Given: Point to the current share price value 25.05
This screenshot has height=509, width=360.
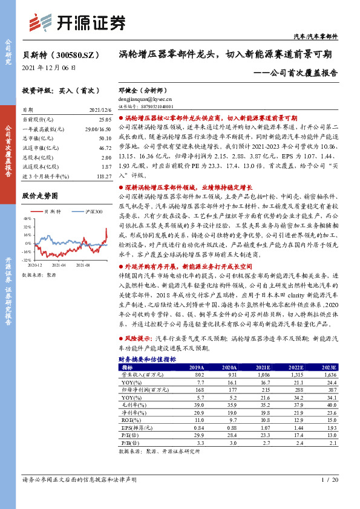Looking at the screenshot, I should point(105,120).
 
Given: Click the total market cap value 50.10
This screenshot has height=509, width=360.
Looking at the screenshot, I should point(104,138).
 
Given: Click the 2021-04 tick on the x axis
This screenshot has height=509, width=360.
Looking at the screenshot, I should point(59,265).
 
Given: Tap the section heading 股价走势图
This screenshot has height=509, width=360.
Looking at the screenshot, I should point(39,196).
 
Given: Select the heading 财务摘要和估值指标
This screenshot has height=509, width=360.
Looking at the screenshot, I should point(146,358).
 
